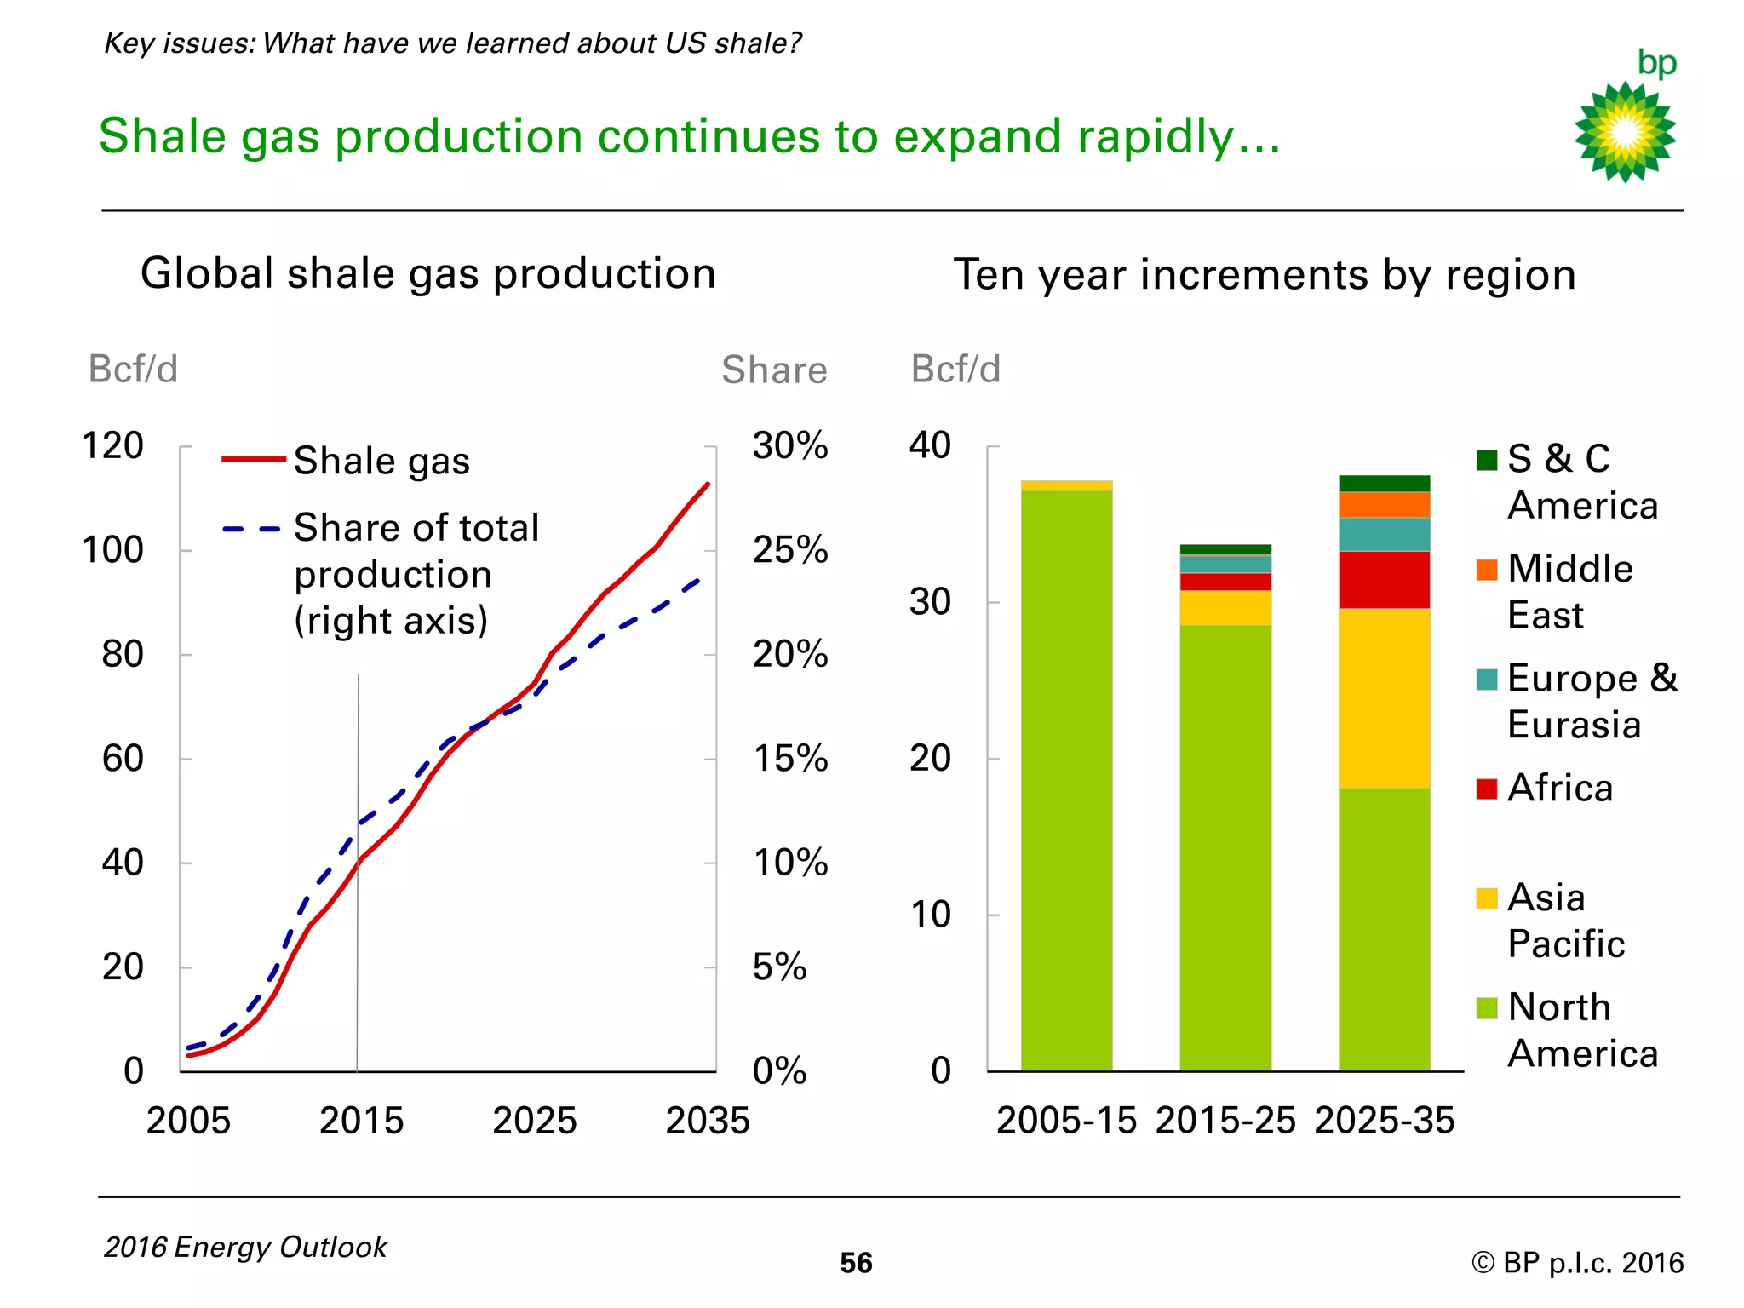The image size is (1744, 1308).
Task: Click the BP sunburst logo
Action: coord(1625,132)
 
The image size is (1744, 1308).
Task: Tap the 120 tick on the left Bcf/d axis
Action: coord(112,446)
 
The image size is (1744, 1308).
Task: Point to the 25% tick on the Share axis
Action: coord(789,550)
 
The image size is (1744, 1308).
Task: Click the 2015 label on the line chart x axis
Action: coord(361,1121)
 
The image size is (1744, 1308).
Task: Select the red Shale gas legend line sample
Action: coord(253,460)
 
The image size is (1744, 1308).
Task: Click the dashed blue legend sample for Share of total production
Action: coord(251,529)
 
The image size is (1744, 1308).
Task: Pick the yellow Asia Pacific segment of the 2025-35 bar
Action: coord(1384,698)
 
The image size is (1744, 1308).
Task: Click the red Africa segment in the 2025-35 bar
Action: coord(1384,580)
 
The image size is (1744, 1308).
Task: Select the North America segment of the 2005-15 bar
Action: coord(1066,779)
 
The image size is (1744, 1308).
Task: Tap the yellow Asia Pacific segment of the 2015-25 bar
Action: coord(1225,608)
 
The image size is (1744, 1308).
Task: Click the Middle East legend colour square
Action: coord(1487,570)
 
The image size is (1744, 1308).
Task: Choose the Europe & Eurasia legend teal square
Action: coord(1487,680)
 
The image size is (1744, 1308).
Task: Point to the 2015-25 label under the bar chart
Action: coord(1225,1121)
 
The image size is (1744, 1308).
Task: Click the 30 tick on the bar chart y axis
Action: coord(930,602)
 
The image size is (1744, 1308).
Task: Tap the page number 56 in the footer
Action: coord(856,1263)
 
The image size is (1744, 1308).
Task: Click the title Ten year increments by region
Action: coord(1265,275)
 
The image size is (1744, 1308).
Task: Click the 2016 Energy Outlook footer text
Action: coord(245,1248)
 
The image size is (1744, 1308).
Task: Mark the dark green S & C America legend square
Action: coord(1487,460)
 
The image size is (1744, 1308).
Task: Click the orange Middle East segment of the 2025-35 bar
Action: coord(1384,505)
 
